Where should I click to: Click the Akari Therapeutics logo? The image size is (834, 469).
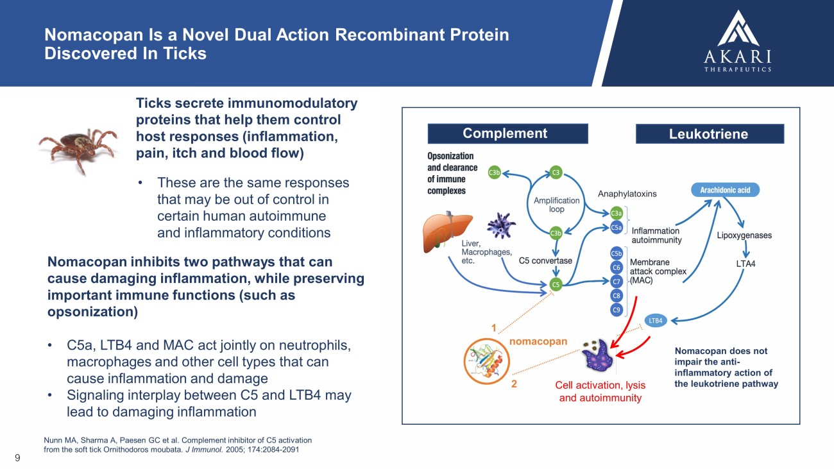coord(738,40)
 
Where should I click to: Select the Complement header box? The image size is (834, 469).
coord(508,133)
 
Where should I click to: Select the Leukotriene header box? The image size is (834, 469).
coord(710,134)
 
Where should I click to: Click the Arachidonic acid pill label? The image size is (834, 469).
coord(726,190)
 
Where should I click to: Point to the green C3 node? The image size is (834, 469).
coord(556,173)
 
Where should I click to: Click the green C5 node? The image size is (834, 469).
coord(556,285)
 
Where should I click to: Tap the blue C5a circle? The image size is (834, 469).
coord(616,227)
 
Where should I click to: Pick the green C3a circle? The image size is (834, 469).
coord(616,213)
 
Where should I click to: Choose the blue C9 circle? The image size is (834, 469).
coord(617,310)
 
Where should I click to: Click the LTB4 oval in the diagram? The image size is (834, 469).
coord(656,321)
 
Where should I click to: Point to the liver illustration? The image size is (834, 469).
coord(447,232)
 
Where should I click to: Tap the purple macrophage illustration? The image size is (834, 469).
coord(501,225)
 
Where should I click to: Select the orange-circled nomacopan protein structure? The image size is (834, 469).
coord(486,361)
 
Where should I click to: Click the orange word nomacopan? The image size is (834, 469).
coord(538,341)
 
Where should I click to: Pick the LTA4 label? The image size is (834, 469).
coord(745,264)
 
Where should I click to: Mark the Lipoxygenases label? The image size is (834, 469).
coord(744,235)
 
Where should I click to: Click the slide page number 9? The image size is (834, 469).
coord(17,458)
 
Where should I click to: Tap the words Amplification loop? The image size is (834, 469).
coord(557,205)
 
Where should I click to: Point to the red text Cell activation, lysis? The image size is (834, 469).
coord(600,385)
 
